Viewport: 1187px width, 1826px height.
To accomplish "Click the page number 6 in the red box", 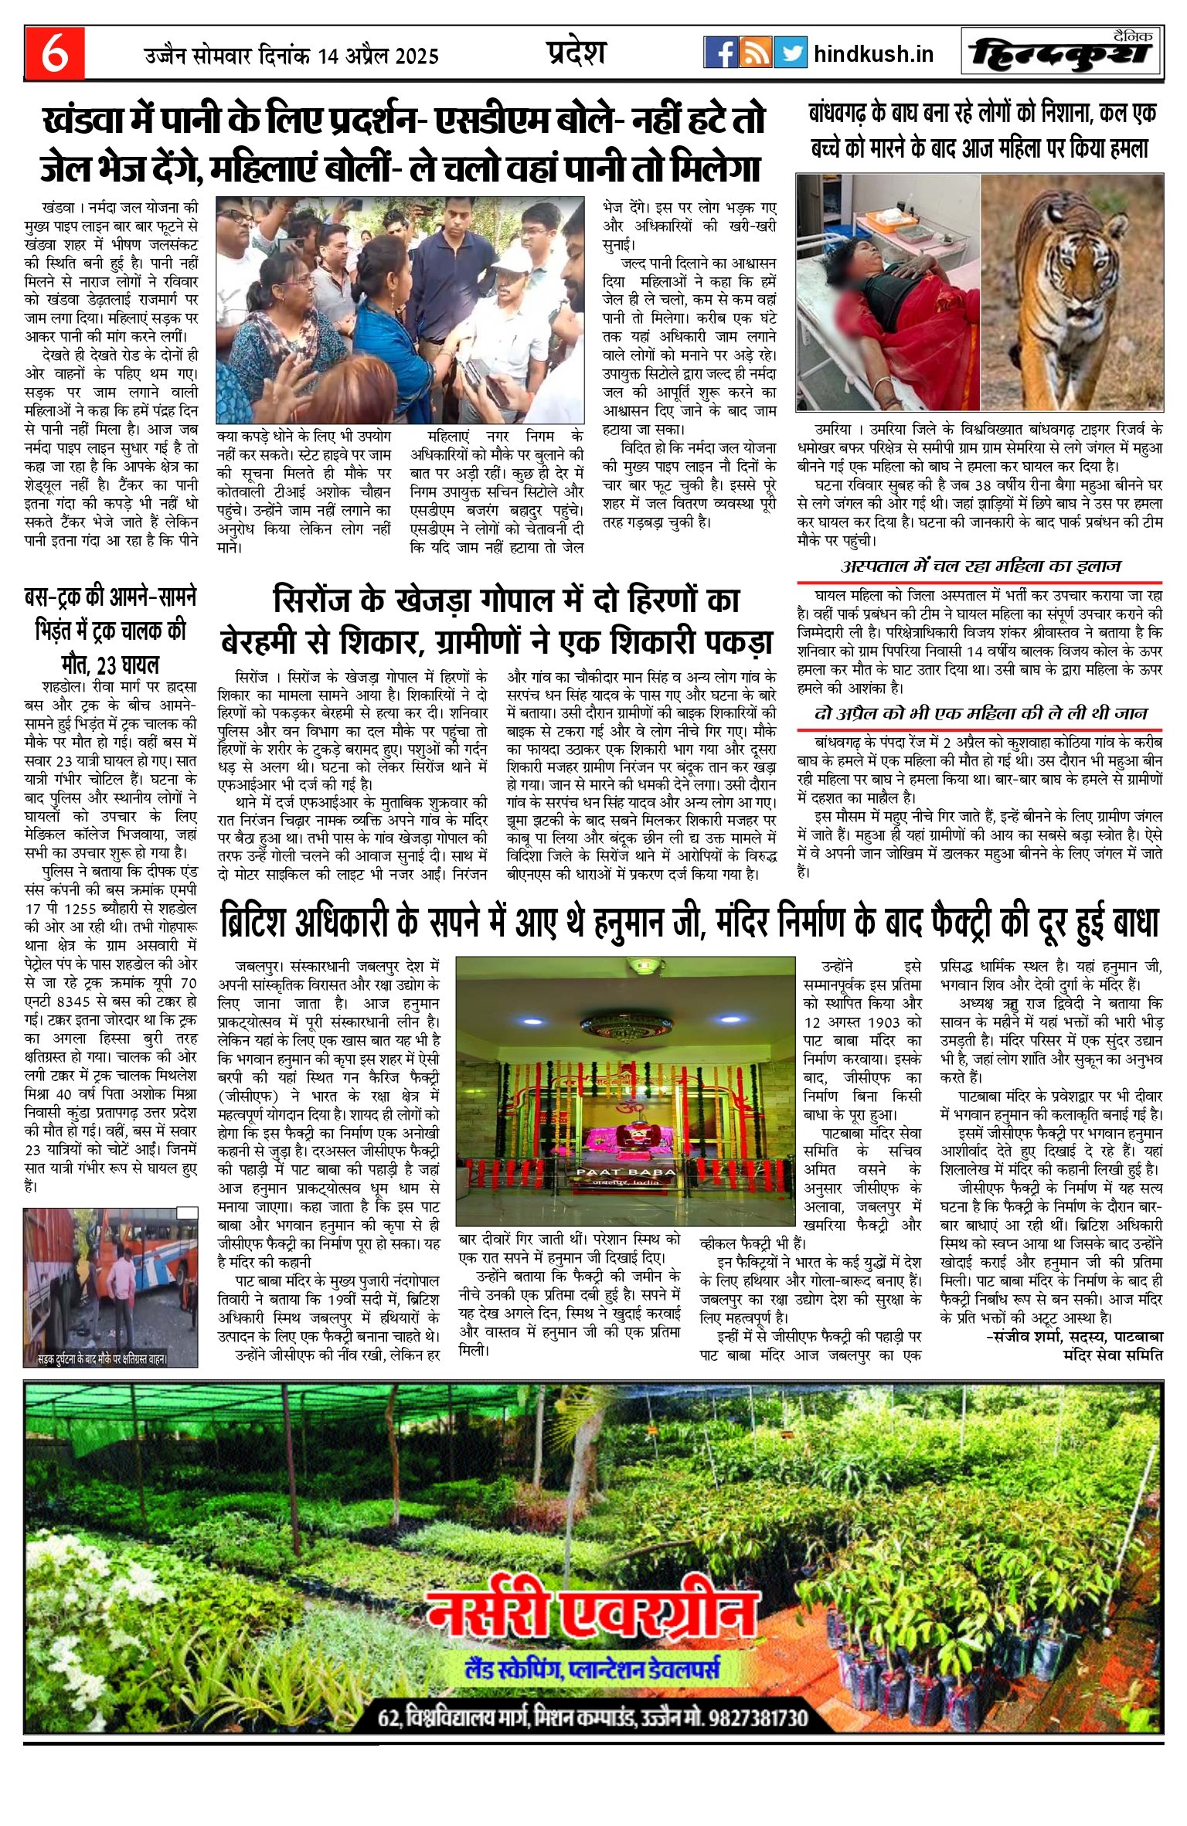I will click(x=54, y=53).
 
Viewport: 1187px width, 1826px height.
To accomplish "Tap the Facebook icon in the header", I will click(x=720, y=53).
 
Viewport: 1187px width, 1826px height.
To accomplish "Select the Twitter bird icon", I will click(x=790, y=53).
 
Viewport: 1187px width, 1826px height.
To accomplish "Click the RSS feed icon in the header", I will click(x=755, y=53).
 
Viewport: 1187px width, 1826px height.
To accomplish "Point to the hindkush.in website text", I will click(x=873, y=54).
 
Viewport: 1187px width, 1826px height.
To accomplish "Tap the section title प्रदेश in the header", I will click(x=576, y=53).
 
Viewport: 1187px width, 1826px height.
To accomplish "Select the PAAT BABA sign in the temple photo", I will click(x=625, y=1171).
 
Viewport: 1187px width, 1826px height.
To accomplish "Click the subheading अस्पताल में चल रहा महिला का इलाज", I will click(x=980, y=566).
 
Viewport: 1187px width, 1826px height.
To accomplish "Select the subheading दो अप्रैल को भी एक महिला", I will click(x=980, y=713).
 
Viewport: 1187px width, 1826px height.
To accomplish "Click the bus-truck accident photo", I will click(x=110, y=1287).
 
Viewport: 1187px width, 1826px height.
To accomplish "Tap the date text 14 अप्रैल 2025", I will click(x=378, y=56).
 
